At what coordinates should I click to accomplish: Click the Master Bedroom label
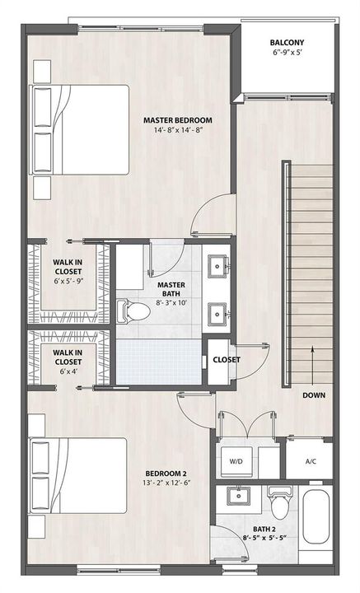(177, 120)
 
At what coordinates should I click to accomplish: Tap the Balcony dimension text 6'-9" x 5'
(288, 53)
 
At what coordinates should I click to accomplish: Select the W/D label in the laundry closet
(236, 461)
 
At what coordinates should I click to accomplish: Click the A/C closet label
(311, 461)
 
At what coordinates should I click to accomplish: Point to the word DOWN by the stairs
(314, 395)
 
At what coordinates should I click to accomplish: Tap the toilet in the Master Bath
(133, 311)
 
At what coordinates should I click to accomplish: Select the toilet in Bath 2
(280, 502)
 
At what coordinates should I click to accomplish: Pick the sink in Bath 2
(238, 495)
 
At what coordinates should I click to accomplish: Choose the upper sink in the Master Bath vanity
(217, 266)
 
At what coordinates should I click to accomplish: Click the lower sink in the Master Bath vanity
(217, 314)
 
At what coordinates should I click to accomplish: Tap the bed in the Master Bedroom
(79, 130)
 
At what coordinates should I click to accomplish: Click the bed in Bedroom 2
(78, 475)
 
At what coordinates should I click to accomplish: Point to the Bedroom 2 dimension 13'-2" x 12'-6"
(166, 483)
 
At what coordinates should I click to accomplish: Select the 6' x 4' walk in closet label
(68, 371)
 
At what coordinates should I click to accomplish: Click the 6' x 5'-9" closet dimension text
(68, 281)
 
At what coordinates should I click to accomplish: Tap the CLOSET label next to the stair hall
(227, 360)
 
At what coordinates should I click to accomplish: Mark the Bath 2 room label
(264, 529)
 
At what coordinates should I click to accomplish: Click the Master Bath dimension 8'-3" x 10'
(171, 302)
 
